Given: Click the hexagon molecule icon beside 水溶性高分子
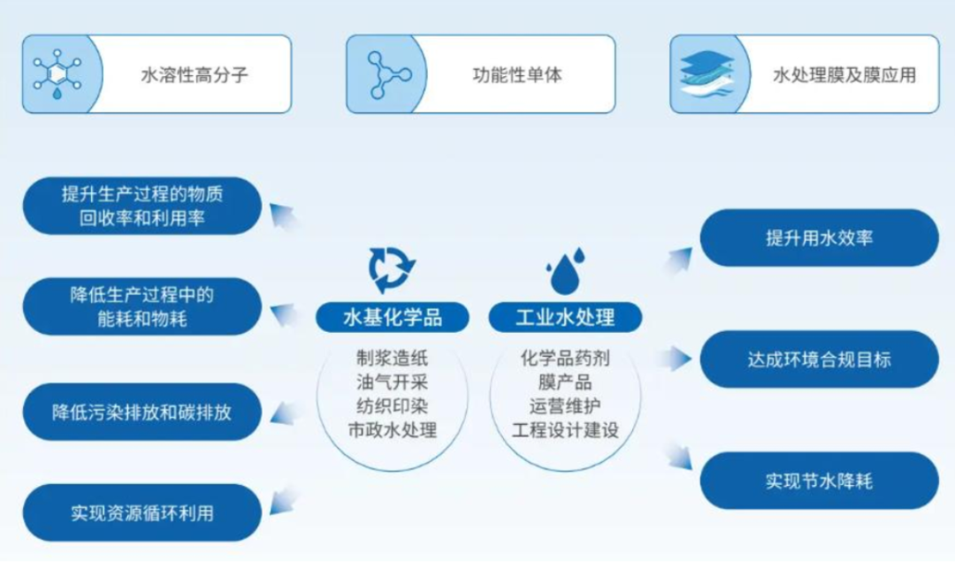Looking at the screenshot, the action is (x=57, y=74).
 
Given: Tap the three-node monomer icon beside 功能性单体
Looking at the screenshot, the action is (x=388, y=75).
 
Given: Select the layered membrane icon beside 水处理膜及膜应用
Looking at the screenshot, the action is (x=707, y=73).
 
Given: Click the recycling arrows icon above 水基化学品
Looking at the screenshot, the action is (x=392, y=269).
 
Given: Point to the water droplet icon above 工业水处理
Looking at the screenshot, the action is (x=566, y=271).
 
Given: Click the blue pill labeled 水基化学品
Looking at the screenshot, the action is (x=393, y=317).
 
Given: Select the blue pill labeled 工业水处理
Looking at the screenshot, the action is (x=565, y=317).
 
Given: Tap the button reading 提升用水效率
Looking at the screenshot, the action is (x=819, y=238).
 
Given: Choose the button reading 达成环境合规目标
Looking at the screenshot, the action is (x=819, y=359).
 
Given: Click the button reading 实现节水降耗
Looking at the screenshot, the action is (x=819, y=481).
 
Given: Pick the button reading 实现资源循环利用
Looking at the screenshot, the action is (x=141, y=512).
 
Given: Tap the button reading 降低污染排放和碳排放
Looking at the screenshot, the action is (x=141, y=412).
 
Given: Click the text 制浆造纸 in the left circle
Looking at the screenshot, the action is (x=393, y=358).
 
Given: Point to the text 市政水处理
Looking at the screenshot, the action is (x=393, y=430).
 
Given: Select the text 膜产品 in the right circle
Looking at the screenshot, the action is (x=565, y=382).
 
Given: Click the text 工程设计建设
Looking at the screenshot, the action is (x=565, y=430).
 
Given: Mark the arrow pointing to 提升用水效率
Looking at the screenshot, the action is (x=678, y=260).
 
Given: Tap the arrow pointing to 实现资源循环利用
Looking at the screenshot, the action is (x=283, y=500).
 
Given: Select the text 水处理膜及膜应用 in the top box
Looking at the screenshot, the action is (x=844, y=74).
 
